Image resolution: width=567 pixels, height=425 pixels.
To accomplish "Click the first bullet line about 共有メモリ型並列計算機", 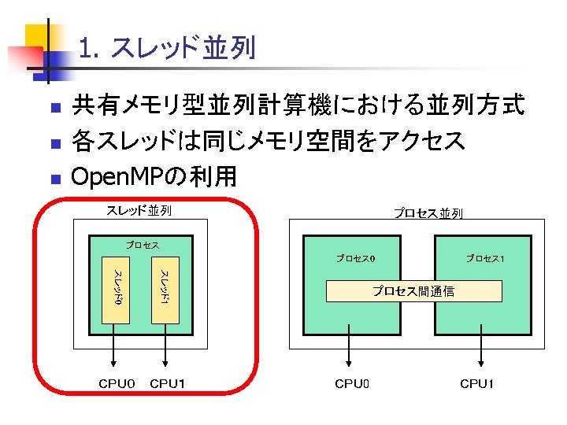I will pos(298,105).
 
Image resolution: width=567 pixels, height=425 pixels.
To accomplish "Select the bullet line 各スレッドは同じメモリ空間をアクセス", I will pos(268,141).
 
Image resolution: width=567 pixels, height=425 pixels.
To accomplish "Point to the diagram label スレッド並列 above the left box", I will pos(139,210).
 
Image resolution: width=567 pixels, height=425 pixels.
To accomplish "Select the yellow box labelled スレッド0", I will pos(116,289).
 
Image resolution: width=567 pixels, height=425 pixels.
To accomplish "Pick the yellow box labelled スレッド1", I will pos(165,289).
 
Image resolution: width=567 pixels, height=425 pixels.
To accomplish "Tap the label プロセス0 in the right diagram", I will pos(355,258).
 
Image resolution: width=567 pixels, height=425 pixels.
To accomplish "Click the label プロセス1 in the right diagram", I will pos(484,258).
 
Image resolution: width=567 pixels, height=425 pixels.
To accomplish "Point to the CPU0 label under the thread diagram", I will pos(117,384).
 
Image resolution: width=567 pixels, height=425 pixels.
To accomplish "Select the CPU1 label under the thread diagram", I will pos(168,384).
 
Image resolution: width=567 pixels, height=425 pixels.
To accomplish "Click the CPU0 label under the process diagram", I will pos(351,384).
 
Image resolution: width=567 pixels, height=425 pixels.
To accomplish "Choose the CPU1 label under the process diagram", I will pos(477,384).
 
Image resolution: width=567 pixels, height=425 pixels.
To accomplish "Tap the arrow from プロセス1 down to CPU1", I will pos(481,350).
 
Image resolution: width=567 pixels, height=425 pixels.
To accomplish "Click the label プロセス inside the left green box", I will pos(143,245).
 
